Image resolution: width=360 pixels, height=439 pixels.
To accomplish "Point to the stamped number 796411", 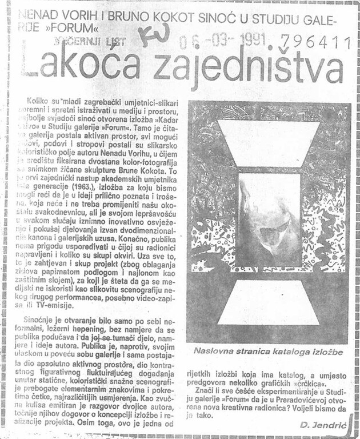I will [x=321, y=41].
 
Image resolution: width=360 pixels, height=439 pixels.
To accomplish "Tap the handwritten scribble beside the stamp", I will [x=154, y=35].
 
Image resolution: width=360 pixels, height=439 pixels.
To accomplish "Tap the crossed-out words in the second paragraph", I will [x=117, y=339].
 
